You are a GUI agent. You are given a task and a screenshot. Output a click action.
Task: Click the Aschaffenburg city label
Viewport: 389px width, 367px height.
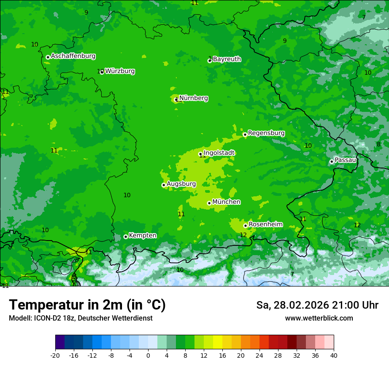pos(73,56)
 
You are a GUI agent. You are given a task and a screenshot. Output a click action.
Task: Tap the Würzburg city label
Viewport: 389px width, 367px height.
pos(120,71)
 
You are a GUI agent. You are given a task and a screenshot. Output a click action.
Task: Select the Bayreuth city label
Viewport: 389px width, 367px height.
pos(227,59)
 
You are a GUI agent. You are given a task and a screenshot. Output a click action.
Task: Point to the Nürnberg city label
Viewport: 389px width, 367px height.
pos(194,98)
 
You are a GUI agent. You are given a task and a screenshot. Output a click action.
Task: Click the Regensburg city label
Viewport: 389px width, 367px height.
pos(266,133)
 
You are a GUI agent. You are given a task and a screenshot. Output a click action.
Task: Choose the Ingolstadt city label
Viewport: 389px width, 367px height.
pos(219,153)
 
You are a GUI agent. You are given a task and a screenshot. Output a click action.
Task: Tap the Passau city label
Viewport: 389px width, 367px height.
pos(345,160)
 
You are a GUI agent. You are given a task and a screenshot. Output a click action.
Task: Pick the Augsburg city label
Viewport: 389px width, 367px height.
pos(181,184)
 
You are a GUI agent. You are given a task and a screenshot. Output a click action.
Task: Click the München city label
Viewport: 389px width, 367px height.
pos(226,202)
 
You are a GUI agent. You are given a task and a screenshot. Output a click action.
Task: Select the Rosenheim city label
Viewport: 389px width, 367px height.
pos(265,225)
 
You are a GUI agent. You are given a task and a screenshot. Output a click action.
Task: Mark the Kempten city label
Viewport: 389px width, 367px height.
pos(142,236)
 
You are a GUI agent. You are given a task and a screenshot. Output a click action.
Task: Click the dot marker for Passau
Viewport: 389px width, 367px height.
pos(332,161)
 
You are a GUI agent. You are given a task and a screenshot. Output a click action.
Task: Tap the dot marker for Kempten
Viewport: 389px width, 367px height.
pos(126,237)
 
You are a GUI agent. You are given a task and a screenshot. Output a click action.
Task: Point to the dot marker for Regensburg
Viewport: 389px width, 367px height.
pos(245,134)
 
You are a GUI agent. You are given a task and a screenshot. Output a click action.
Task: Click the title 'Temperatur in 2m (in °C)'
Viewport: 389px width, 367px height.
pos(87,305)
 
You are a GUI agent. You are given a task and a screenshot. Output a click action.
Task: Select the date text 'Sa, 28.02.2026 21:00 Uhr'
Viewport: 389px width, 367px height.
pos(317,306)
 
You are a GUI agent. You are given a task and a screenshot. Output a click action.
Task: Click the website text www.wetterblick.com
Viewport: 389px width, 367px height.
pos(319,318)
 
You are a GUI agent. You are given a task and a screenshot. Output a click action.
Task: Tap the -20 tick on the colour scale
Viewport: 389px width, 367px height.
pos(55,356)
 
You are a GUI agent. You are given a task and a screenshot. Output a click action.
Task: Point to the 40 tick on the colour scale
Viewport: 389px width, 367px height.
pos(334,356)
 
